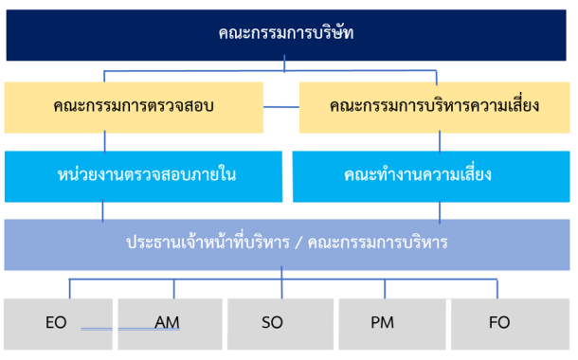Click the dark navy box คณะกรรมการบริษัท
pos(286,35)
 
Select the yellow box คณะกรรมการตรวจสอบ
pos(134,107)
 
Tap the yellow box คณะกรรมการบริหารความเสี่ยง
pos(434,107)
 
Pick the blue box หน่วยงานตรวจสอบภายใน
pos(143,176)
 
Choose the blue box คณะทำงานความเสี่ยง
pos(431,176)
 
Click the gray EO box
pos(58,324)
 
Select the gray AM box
pos(170,324)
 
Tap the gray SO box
pos(280,324)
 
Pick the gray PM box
pos(392,324)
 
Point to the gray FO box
pos(510,324)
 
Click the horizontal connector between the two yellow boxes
pos(281,107)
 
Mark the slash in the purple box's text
pos(298,243)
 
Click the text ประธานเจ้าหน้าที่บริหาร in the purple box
pos(208,243)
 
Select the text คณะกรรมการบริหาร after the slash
pos(377,243)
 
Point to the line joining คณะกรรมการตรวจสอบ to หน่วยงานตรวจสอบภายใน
pos(104,142)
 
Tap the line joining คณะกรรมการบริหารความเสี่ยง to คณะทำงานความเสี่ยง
pos(440,142)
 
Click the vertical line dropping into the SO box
pos(281,282)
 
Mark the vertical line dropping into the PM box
pos(385,289)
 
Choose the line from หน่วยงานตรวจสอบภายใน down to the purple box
pos(102,210)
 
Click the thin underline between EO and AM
pos(130,329)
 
